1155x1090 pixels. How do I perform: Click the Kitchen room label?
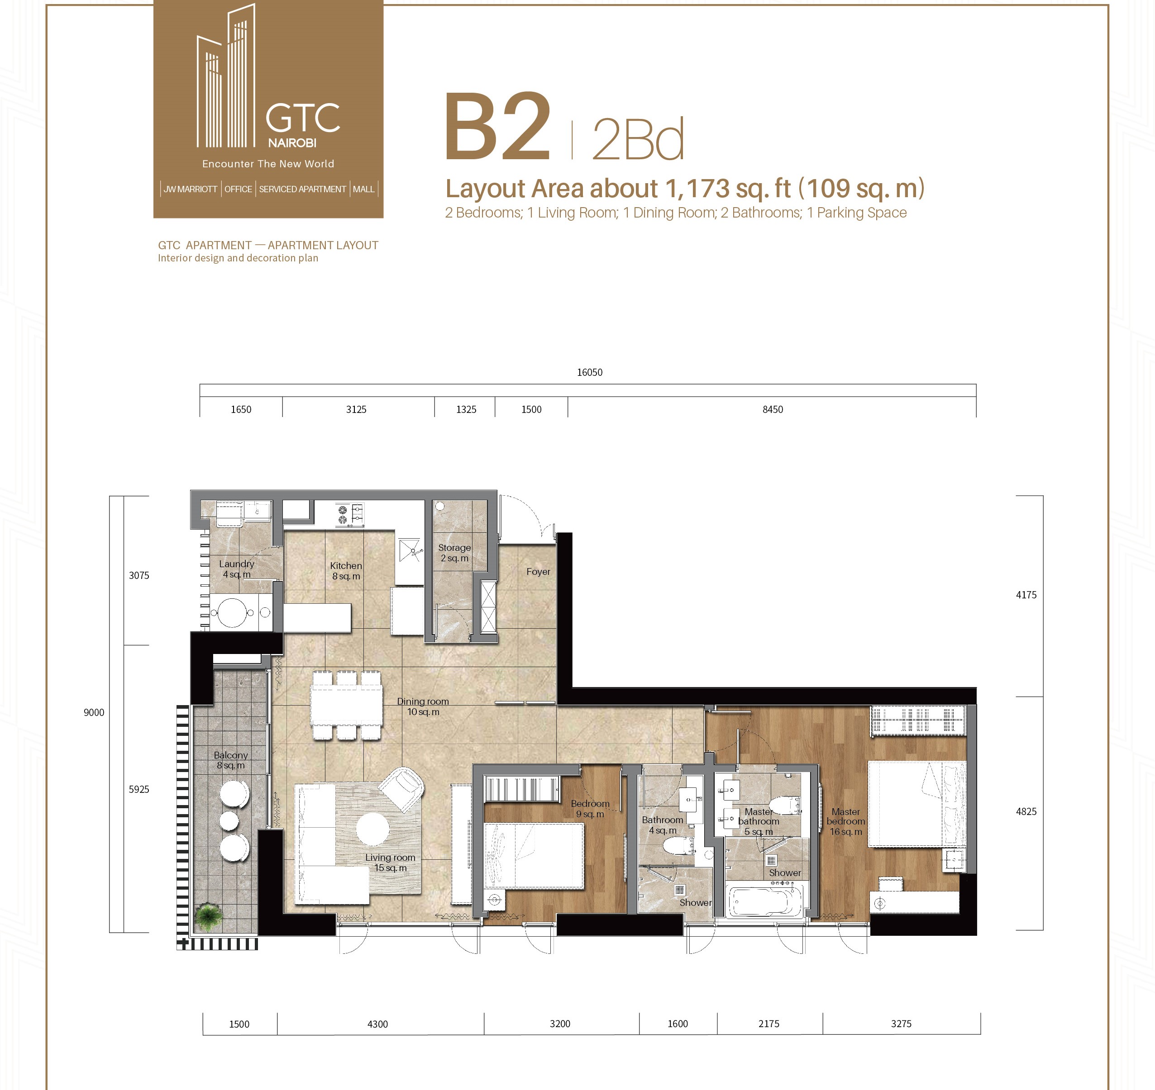346,571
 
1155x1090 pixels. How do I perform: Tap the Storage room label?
454,553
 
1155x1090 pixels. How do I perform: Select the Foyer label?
538,572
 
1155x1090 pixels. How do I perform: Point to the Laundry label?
237,569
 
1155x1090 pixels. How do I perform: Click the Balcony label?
231,760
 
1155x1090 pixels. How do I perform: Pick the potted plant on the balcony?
209,916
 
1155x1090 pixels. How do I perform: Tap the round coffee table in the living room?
372,829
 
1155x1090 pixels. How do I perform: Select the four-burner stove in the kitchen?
350,515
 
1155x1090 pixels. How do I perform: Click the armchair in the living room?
401,790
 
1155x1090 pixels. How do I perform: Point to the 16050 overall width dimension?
589,372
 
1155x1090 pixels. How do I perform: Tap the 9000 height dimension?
94,713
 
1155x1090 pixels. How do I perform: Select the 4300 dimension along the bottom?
377,1024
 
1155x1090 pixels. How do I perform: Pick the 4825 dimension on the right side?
1026,812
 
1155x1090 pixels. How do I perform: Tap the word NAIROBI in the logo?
292,143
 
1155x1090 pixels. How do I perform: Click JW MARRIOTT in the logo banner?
190,190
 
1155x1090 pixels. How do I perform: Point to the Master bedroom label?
846,821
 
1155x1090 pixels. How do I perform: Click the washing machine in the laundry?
233,612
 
